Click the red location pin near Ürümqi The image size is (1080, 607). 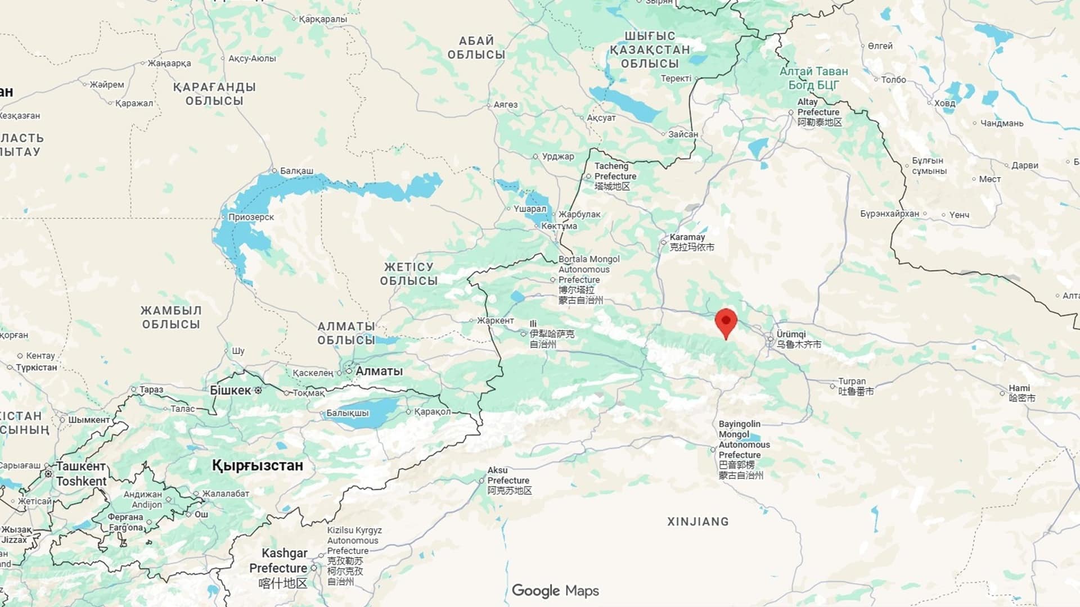coord(726,322)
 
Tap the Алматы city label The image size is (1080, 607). coord(379,371)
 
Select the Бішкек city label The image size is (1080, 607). coord(230,390)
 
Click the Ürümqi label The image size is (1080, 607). coord(791,334)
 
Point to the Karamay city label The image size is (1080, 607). coord(687,237)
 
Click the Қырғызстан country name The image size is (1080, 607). coord(257,465)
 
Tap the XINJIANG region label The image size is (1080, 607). coord(697,522)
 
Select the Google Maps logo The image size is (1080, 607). coord(555,591)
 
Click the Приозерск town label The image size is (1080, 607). coord(251,217)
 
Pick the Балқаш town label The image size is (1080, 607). coord(296,171)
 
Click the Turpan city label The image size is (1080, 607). coord(852,381)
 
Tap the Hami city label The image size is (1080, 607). coord(1019,388)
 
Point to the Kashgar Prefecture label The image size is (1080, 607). coord(279,560)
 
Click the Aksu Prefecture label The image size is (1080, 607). coord(508,475)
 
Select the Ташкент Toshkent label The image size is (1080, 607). coord(81,473)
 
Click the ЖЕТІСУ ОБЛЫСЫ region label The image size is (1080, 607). coord(408,274)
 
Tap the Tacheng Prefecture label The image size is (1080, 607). coord(615,171)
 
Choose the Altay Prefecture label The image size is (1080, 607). coord(818,107)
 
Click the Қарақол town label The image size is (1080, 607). coord(432,411)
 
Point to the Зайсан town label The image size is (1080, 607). coord(683,134)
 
